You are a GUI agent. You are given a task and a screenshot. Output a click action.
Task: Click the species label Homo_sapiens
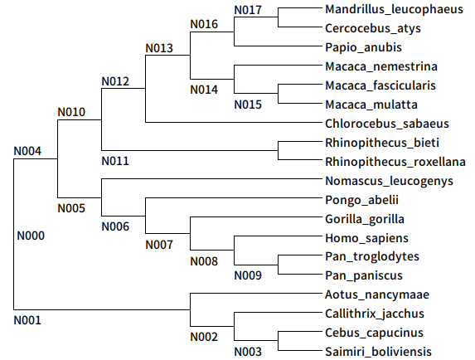coord(366,238)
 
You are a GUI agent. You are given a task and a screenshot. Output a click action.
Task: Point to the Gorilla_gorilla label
coord(366,219)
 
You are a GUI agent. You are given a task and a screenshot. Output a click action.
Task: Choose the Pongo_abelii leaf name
coord(362,200)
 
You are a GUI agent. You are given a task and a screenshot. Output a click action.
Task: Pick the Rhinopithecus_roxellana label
coord(395,162)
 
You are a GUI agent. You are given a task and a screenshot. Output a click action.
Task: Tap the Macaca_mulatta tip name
coord(371,105)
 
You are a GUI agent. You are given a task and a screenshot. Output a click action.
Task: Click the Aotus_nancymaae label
coord(376,294)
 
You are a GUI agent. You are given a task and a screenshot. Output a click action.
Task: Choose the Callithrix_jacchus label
coord(375,314)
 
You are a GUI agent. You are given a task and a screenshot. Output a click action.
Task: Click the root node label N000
coord(31,236)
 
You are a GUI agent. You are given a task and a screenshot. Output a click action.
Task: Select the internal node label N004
coord(28,151)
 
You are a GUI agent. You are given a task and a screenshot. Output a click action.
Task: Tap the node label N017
coord(248,10)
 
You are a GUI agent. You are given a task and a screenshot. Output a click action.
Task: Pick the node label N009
coord(248,275)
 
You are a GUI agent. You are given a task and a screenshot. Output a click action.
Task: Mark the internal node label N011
coord(115,160)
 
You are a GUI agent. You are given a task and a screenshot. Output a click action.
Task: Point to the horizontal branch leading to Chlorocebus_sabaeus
coord(232,124)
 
